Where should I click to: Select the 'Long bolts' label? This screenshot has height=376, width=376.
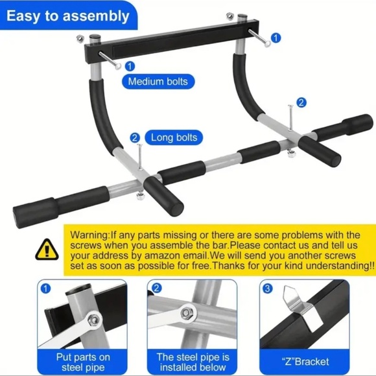174,137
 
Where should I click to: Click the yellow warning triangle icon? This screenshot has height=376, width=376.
47,250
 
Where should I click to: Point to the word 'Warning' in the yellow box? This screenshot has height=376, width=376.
91,235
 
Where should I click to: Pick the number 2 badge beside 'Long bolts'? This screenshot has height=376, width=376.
135,137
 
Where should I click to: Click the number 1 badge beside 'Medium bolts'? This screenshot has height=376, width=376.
130,66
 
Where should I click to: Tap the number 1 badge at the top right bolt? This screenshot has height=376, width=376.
277,38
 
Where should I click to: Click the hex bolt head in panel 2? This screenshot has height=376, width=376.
187,313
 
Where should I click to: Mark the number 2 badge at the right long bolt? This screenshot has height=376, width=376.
301,102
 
